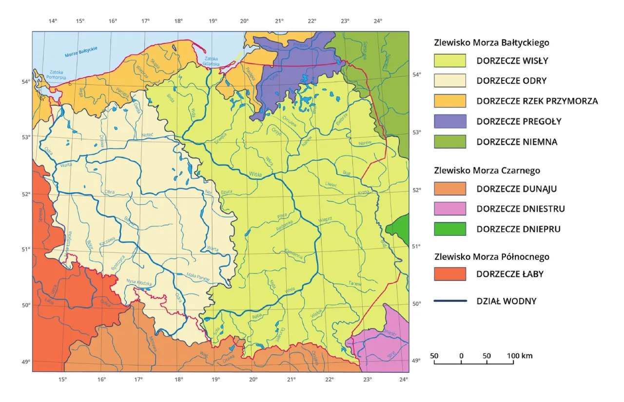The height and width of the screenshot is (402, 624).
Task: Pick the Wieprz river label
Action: [x=325, y=219]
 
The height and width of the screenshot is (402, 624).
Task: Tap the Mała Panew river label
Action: [x=198, y=276]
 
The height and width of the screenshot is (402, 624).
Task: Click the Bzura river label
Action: [x=226, y=191]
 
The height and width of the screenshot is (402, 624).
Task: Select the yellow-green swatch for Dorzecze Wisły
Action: [x=449, y=61]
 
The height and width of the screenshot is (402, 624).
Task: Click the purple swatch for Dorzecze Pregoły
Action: [x=449, y=121]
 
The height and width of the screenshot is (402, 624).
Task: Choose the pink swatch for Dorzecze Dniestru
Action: [x=449, y=209]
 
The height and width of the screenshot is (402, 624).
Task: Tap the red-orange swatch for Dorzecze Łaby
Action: [x=449, y=274]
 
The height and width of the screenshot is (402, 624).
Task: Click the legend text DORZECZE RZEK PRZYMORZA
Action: [x=537, y=101]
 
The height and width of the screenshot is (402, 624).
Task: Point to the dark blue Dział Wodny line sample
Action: [x=449, y=301]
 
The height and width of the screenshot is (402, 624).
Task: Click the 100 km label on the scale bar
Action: [x=520, y=356]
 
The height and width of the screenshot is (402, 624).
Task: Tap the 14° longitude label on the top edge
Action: [x=53, y=21]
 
